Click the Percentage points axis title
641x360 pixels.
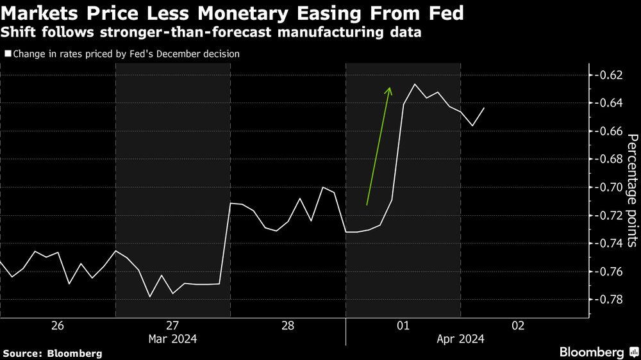631,190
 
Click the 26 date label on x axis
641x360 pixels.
57,326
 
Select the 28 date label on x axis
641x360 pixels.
288,326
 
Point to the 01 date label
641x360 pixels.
403,326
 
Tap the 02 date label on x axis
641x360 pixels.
519,326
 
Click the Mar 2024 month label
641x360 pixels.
173,339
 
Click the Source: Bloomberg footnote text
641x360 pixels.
53,353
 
